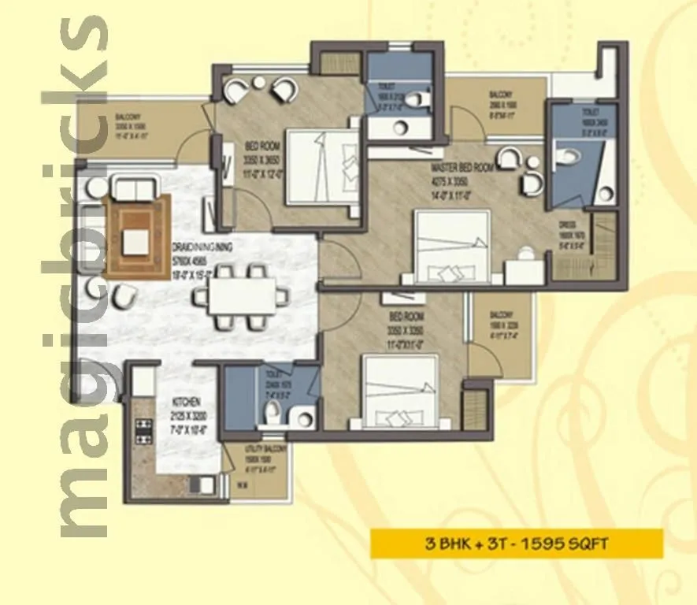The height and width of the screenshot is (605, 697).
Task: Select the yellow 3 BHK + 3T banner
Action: click(x=516, y=544)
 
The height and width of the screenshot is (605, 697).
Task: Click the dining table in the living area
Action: click(x=239, y=297)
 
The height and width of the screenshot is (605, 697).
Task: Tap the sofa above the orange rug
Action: click(x=135, y=189)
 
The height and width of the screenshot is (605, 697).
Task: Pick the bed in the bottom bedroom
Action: click(x=399, y=389)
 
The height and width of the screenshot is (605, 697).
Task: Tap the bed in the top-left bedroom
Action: click(x=319, y=165)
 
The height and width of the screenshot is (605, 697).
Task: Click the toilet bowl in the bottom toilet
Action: click(x=272, y=409)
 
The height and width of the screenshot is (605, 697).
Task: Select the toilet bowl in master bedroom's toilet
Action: click(x=565, y=157)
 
